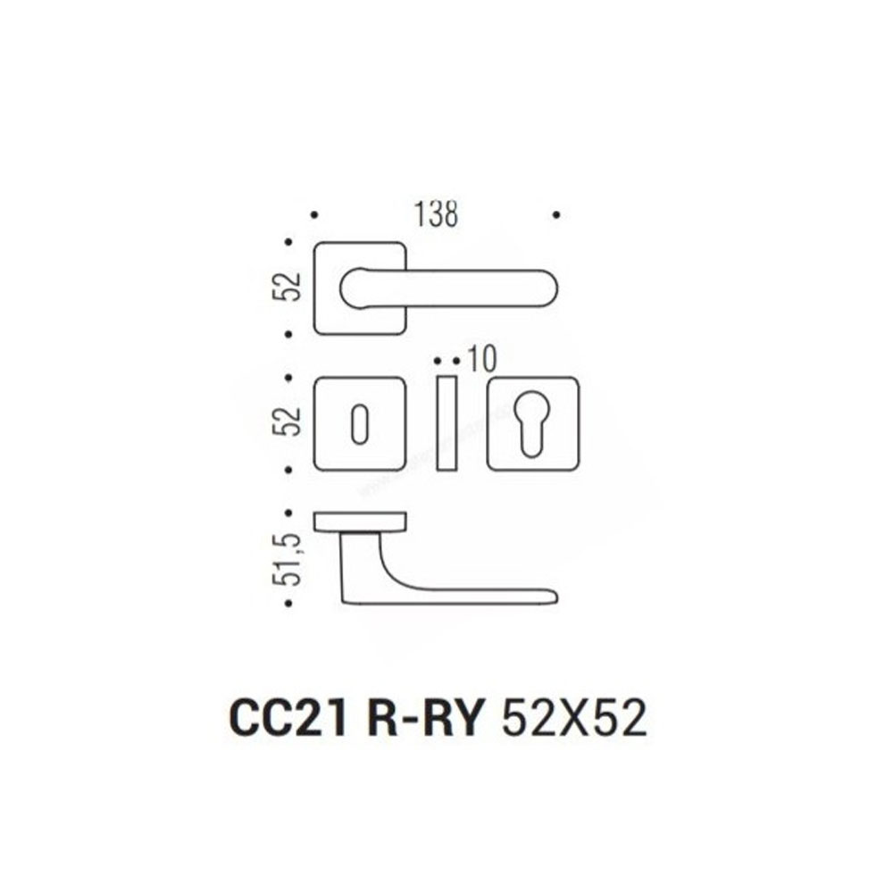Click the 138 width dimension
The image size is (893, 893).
coord(436,214)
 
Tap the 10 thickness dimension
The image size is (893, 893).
coord(482,360)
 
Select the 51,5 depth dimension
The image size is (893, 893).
coord(288,559)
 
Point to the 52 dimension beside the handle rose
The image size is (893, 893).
coord(287,287)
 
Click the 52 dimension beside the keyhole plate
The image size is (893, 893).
coord(287,421)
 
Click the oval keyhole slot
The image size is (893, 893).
coord(359,424)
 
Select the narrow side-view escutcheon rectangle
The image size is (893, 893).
coord(447,423)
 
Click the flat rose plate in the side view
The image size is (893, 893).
coord(360,522)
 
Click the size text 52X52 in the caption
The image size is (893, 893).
coord(573,718)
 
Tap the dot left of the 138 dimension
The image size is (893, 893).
coord(314,215)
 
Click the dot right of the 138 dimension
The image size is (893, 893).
coord(556,214)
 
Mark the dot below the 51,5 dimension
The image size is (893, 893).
coord(288,603)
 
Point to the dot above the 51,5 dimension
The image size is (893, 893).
coord(288,513)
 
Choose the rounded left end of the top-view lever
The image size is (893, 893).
coord(348,288)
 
